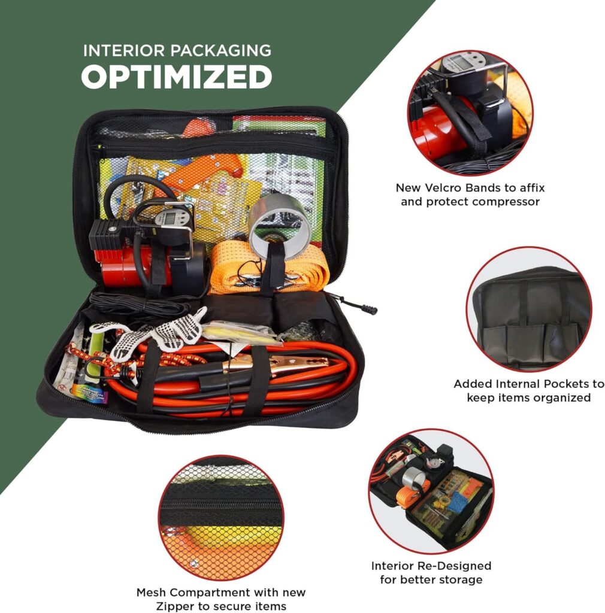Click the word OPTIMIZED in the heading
tap(177, 77)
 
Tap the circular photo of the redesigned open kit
tap(431, 490)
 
